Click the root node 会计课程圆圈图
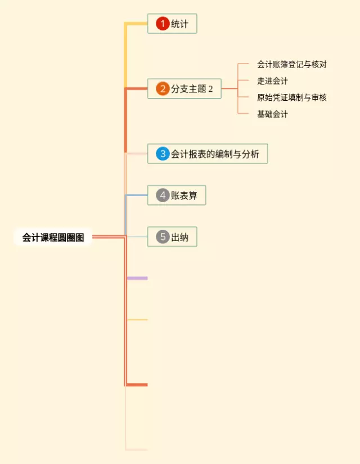(x=53, y=238)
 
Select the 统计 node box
(x=172, y=24)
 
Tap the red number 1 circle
(x=163, y=24)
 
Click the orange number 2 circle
(x=163, y=88)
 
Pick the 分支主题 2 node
(x=184, y=88)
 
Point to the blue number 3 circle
(x=163, y=153)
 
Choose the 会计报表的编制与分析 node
(x=208, y=153)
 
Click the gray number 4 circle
(x=163, y=195)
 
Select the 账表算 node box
(x=177, y=195)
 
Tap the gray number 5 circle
(x=163, y=237)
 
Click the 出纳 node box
(x=173, y=237)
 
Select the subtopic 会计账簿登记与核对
(x=291, y=64)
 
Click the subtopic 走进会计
(x=272, y=81)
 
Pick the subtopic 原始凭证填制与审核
(x=291, y=97)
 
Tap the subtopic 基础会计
(x=272, y=114)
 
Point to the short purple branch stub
(x=137, y=278)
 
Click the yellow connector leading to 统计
(x=136, y=24)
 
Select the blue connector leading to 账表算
(x=136, y=195)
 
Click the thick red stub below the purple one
(x=137, y=385)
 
